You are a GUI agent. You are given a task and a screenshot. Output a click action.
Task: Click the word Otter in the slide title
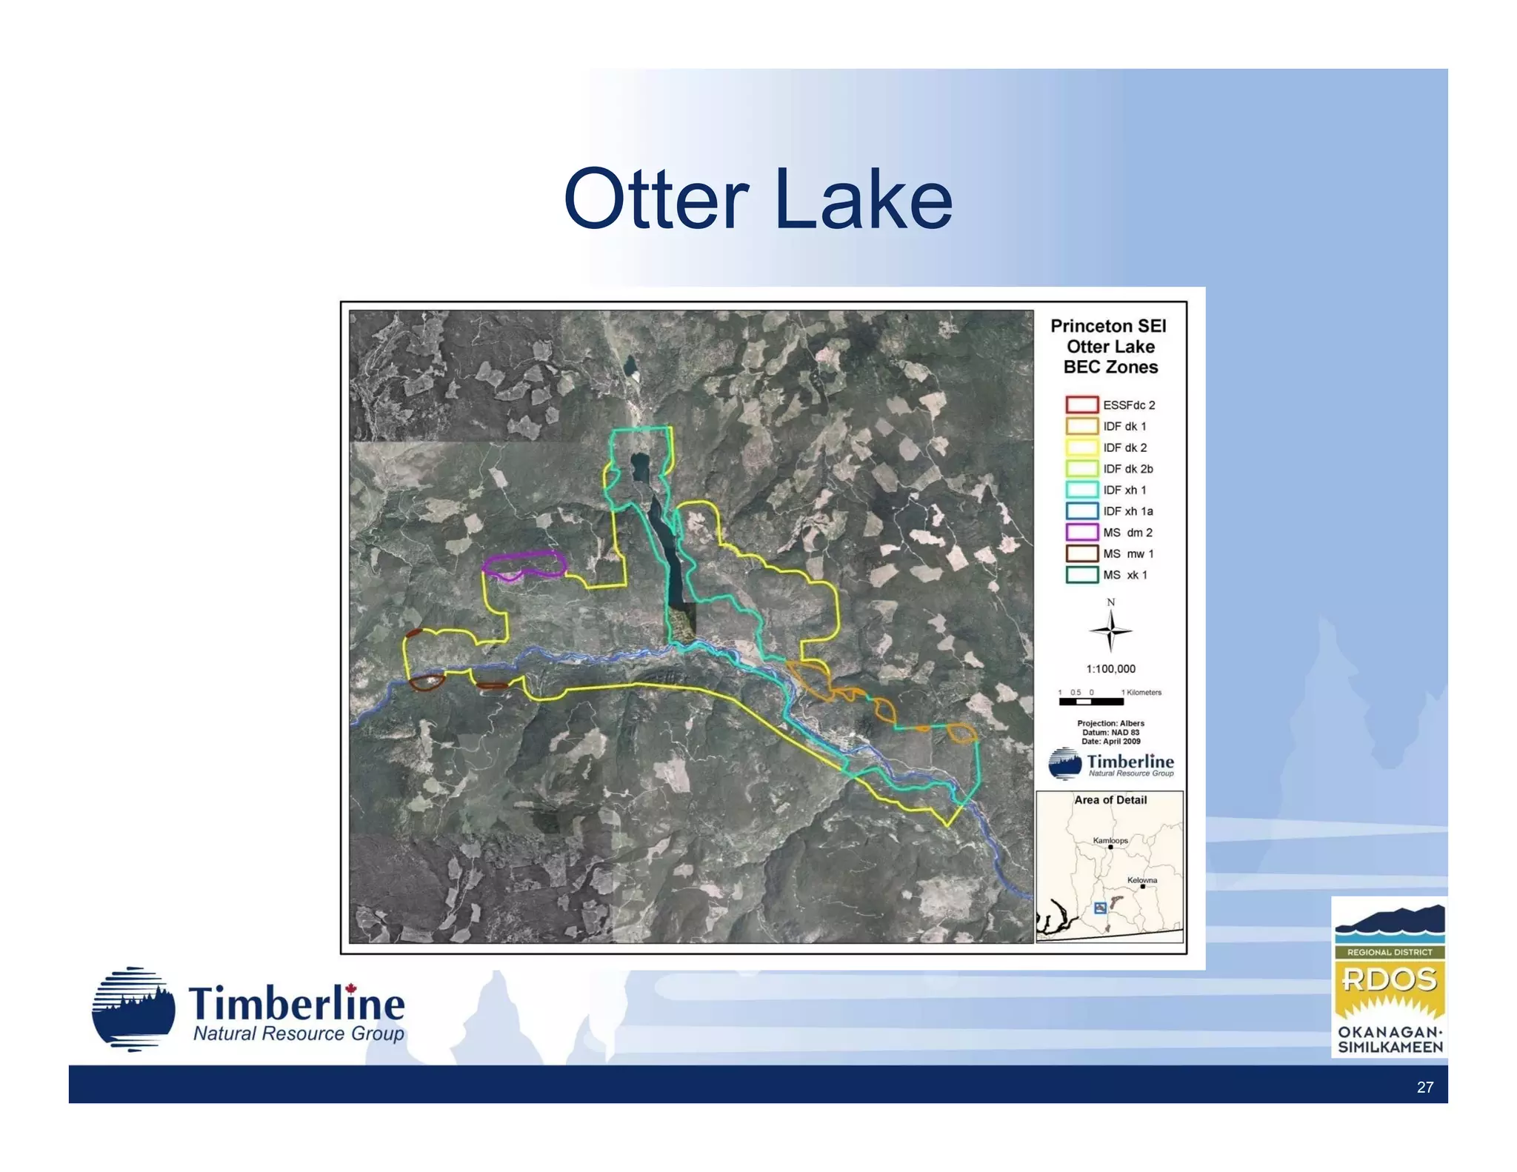pos(656,200)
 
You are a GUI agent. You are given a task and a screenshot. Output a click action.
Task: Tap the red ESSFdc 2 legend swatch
pos(1081,404)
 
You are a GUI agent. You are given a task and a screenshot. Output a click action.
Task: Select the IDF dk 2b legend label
pos(1127,469)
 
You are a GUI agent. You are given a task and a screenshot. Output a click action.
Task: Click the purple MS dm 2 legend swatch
pos(1081,532)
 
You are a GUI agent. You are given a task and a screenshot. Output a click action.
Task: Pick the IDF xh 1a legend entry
pos(1127,511)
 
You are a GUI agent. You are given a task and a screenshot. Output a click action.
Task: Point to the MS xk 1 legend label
pos(1124,575)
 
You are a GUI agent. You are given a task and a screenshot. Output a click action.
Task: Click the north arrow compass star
pos(1110,631)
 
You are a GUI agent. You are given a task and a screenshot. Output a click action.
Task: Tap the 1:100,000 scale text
pos(1110,669)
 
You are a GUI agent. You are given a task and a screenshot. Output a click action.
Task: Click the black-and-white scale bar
pos(1090,701)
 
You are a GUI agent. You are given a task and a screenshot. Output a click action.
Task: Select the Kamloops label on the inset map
pos(1110,840)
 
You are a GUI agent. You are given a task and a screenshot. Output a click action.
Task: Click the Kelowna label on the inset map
pos(1141,880)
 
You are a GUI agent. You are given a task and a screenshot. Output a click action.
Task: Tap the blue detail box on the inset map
pos(1100,908)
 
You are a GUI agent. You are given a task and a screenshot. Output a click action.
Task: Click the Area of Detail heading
pos(1110,800)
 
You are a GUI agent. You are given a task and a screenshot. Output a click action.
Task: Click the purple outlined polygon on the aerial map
pos(524,564)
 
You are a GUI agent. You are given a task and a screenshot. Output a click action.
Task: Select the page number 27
pos(1424,1087)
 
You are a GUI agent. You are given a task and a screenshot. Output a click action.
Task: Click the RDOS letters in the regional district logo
pos(1389,979)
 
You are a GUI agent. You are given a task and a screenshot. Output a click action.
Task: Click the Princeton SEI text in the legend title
pos(1108,326)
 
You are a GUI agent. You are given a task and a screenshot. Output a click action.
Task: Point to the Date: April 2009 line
pos(1110,741)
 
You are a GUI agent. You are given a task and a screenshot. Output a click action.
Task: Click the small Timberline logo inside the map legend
pos(1110,764)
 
